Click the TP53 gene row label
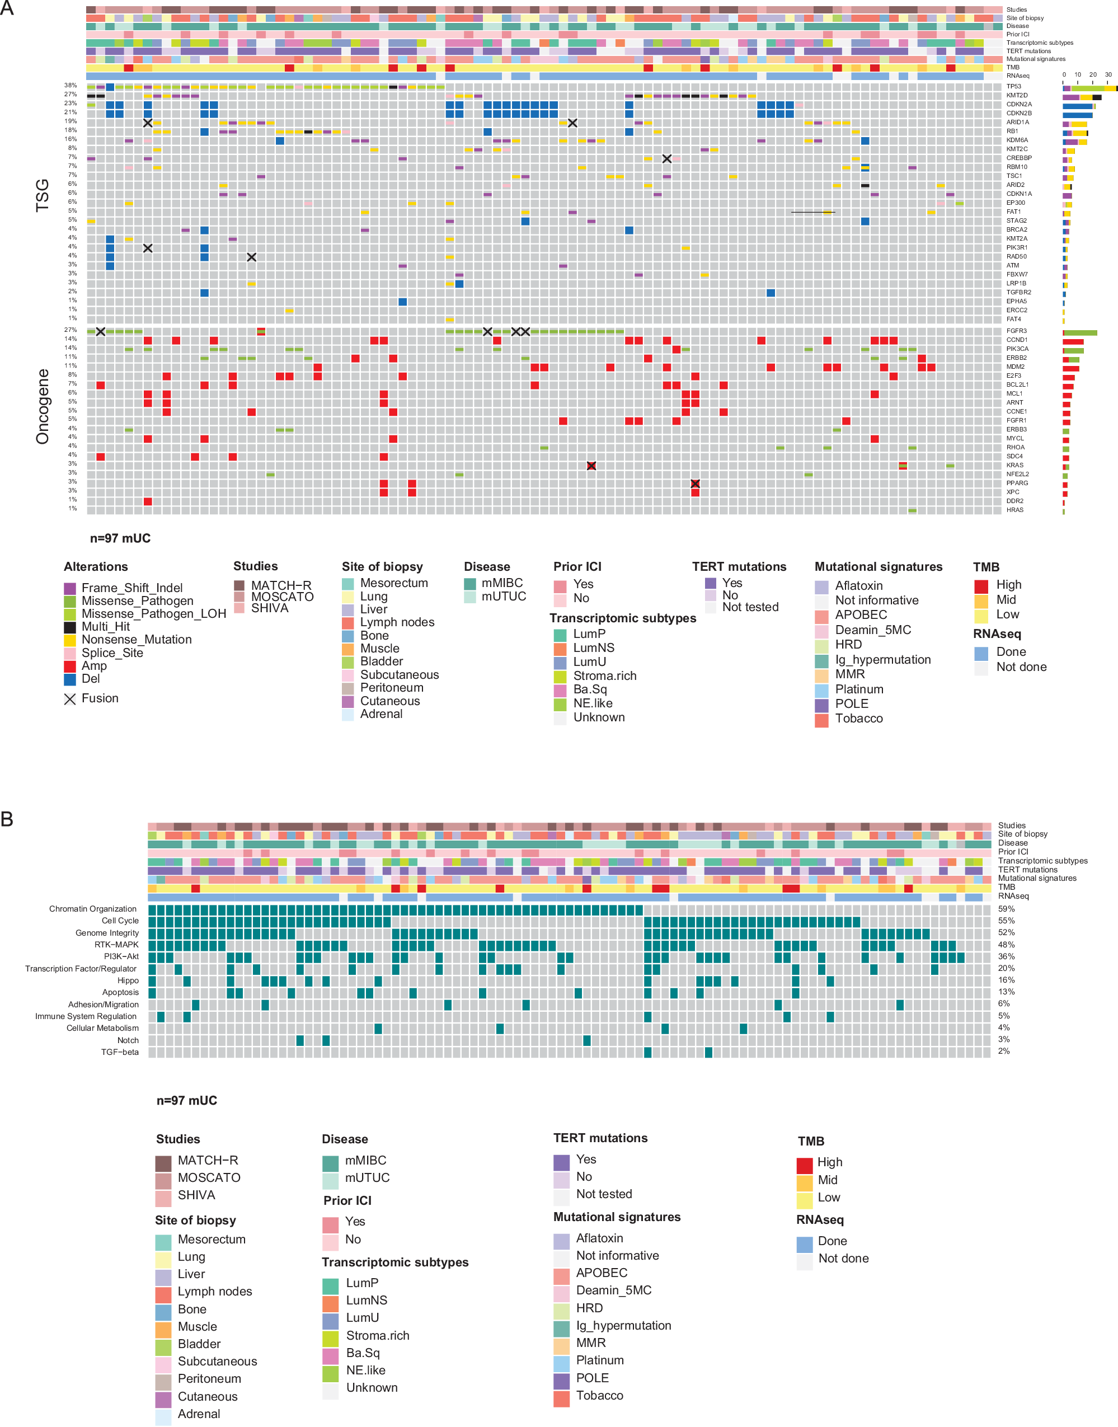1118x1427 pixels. point(1013,86)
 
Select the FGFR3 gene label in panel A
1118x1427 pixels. point(1016,331)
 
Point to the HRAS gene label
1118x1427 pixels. point(1014,510)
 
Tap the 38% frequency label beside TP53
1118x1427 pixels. point(70,86)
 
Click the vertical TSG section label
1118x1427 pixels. point(43,195)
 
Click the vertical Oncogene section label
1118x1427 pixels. point(43,406)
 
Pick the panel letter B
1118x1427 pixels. point(7,819)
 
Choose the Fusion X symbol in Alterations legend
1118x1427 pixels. point(70,699)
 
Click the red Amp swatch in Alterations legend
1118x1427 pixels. point(70,666)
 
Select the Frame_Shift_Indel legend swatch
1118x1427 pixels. point(70,589)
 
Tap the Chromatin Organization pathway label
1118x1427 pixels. point(93,909)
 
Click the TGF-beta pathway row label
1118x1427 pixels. point(120,1052)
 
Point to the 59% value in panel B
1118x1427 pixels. point(1006,909)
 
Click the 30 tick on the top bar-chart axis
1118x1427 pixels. point(1108,74)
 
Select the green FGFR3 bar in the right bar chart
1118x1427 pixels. point(1081,332)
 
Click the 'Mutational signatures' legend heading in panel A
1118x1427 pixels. point(878,567)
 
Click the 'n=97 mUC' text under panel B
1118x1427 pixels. point(186,1100)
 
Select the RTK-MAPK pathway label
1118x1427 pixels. point(116,945)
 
